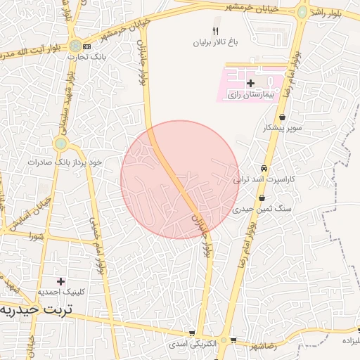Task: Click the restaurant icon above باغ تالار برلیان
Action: click(x=216, y=32)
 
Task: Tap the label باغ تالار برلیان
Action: click(x=217, y=42)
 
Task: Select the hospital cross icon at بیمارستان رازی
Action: click(x=250, y=83)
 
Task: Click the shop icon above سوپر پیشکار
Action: click(x=282, y=117)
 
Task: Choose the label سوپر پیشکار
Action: click(x=282, y=128)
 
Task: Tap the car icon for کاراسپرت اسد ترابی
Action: click(x=263, y=169)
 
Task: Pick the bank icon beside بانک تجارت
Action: click(x=86, y=46)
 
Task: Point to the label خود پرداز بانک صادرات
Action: click(x=65, y=162)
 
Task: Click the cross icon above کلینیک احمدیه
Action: click(x=60, y=281)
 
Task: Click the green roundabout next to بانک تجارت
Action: click(x=75, y=46)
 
